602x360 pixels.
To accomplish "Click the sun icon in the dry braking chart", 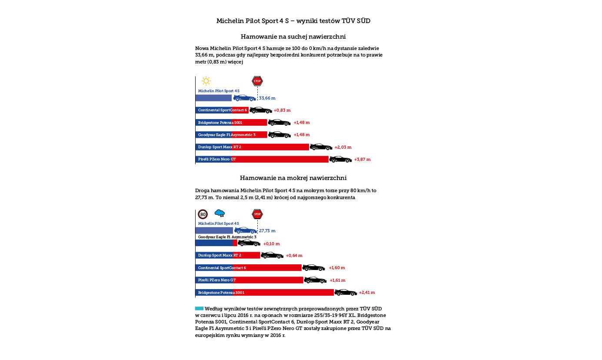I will point(206,81).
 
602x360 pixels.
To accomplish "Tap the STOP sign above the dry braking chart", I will point(257,81).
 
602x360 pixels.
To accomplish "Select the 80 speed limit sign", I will point(203,214).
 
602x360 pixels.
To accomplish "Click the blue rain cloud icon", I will point(220,213).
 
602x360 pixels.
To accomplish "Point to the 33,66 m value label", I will point(267,98).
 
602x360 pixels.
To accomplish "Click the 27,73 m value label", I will point(267,231).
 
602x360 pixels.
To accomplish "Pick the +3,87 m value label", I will point(363,160).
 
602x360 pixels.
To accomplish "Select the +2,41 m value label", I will point(367,293).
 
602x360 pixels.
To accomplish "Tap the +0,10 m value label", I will point(272,244).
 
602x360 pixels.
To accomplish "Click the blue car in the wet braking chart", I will point(246,230).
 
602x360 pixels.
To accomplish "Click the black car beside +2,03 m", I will point(321,147).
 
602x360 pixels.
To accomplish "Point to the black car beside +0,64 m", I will point(272,255).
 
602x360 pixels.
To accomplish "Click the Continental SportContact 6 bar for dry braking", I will point(222,110).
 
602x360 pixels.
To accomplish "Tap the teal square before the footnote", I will point(199,308).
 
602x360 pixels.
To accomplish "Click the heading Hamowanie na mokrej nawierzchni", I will point(293,178).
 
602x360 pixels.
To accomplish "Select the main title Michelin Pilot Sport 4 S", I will point(293,21).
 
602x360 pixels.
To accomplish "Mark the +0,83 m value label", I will point(282,110).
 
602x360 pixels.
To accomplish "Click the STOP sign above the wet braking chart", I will point(257,214).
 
